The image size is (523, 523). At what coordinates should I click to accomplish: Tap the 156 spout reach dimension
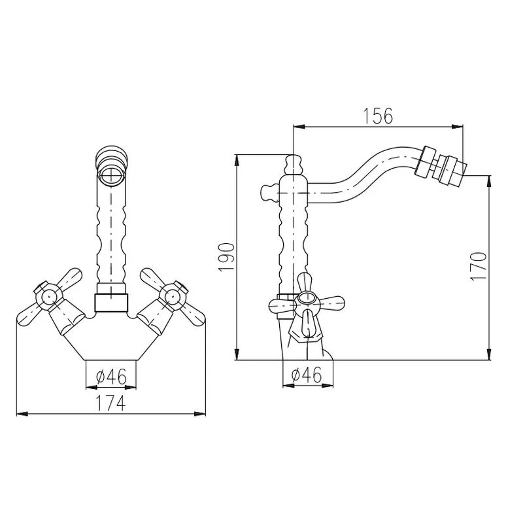tap(378, 116)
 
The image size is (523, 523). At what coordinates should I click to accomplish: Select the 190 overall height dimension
tap(226, 257)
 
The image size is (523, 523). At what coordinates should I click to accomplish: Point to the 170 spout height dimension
tap(479, 266)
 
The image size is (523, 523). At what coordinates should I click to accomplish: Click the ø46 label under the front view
tap(111, 377)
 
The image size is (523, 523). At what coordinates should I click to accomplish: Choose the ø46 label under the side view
tap(306, 375)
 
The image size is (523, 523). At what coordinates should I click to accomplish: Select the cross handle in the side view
tap(306, 302)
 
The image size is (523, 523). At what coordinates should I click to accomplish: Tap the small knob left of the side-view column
tap(268, 192)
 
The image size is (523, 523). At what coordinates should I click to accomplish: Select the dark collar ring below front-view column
tap(111, 303)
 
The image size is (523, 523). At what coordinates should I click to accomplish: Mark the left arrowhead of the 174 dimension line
tap(20, 414)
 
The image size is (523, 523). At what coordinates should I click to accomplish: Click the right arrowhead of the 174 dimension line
tap(202, 414)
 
